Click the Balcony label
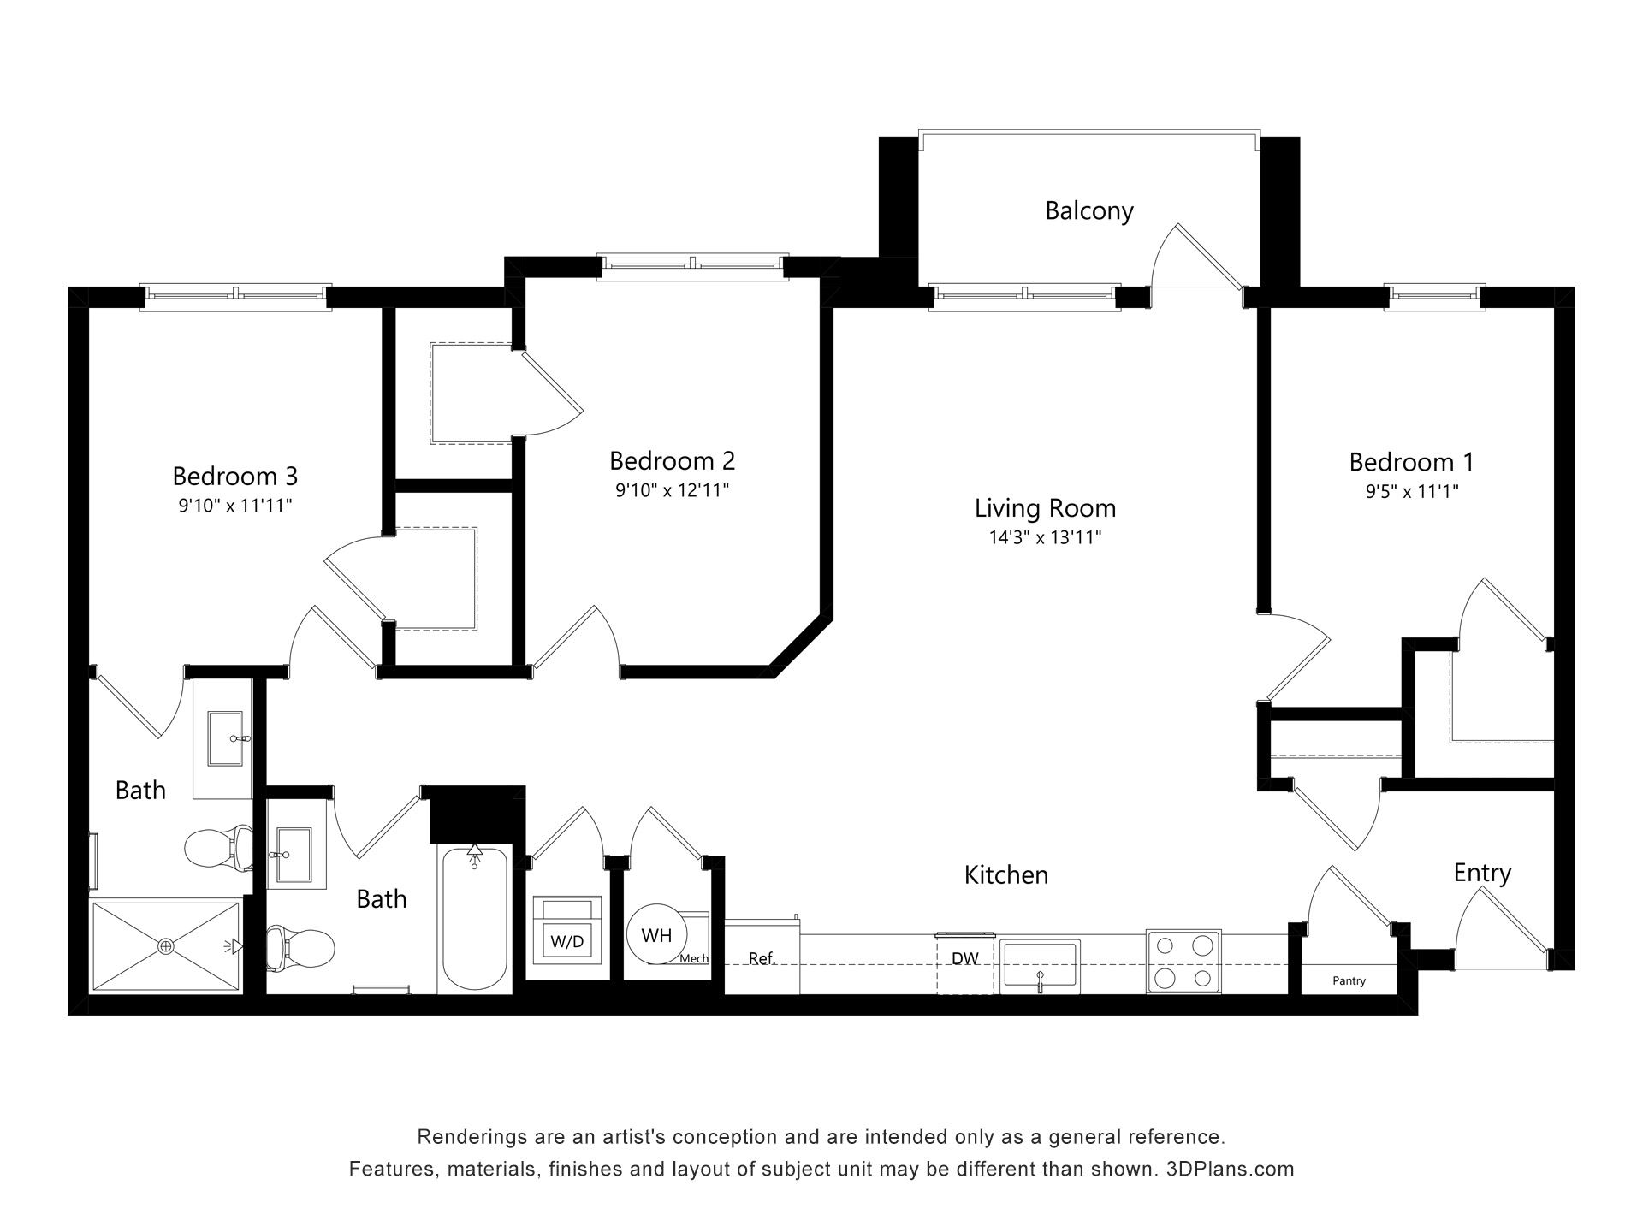click(x=1089, y=210)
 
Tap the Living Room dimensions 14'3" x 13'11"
click(x=1045, y=537)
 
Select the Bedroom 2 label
click(x=672, y=461)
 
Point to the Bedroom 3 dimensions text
click(x=235, y=505)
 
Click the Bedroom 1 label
click(x=1411, y=462)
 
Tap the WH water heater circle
click(x=656, y=935)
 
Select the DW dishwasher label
click(x=965, y=958)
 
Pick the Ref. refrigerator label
click(x=762, y=958)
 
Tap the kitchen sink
click(x=1041, y=967)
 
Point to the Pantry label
click(x=1349, y=980)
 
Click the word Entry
click(x=1482, y=873)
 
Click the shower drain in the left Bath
click(x=165, y=946)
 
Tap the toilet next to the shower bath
click(x=219, y=848)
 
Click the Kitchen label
click(x=1006, y=874)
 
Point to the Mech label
click(x=694, y=958)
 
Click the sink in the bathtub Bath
click(x=296, y=855)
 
